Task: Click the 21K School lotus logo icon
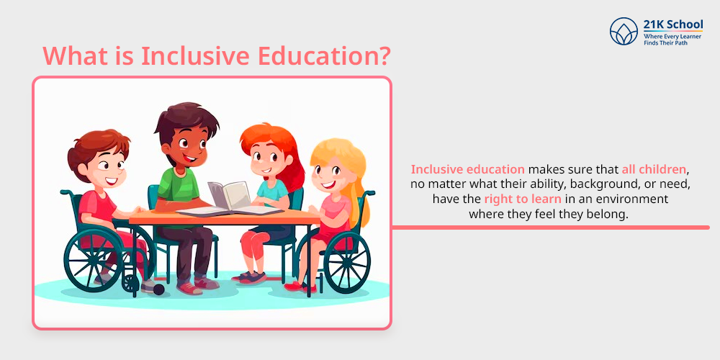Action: click(624, 31)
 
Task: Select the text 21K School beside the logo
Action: click(672, 24)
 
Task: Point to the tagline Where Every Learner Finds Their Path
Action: click(672, 39)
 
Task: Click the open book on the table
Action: click(230, 199)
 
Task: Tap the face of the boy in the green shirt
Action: click(187, 146)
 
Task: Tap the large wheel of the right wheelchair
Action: click(347, 263)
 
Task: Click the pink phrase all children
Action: click(654, 169)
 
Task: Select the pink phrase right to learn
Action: click(523, 199)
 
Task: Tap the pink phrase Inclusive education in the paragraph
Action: click(467, 169)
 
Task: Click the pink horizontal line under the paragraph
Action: click(551, 228)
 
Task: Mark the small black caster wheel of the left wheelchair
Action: click(159, 289)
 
